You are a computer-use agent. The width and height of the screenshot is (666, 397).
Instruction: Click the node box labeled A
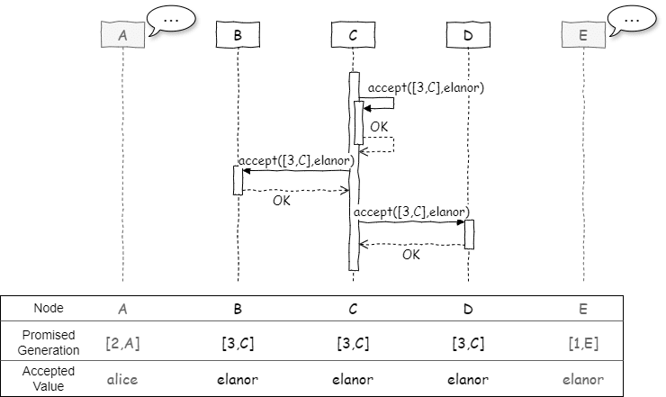121,35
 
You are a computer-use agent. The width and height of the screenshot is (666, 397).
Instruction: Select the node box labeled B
238,35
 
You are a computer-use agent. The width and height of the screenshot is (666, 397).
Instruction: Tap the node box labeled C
353,35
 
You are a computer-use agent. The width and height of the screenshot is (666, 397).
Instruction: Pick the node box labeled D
468,35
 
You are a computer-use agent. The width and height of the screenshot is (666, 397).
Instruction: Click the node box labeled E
583,35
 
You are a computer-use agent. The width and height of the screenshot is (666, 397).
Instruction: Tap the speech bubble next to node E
633,19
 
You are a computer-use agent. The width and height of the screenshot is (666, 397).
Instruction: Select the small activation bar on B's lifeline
238,180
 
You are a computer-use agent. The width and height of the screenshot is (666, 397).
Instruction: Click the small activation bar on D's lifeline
468,234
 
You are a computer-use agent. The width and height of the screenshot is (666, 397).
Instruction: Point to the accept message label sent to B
293,159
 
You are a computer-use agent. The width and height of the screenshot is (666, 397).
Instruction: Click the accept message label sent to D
410,212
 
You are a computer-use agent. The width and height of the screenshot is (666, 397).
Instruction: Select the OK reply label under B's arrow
282,201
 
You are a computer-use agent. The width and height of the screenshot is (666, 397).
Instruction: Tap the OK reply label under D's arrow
411,255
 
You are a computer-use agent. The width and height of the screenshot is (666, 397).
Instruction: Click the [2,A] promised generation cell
121,343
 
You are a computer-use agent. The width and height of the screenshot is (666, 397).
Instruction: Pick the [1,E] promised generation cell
583,343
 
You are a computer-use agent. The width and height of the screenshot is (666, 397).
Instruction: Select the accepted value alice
121,379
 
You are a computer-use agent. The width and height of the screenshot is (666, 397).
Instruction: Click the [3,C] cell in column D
468,343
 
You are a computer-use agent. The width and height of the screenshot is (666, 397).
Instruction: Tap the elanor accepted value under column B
238,379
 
